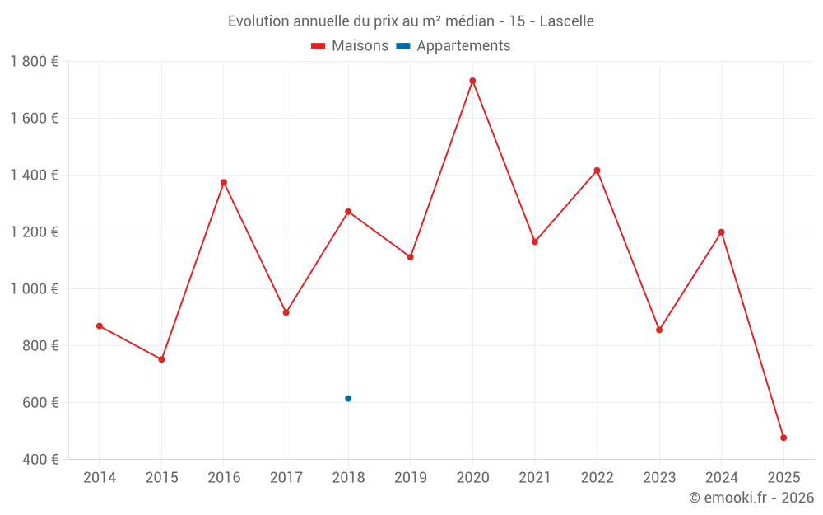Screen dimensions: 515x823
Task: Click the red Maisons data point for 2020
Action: tap(472, 81)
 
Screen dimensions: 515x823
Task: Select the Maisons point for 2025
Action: tap(783, 438)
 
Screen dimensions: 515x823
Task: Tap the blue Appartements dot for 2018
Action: tap(348, 399)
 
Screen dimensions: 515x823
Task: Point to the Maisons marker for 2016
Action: tap(224, 182)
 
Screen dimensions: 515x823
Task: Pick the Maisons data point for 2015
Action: tap(161, 359)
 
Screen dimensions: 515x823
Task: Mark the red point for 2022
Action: tap(597, 171)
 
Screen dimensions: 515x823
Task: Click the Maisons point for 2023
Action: tap(659, 330)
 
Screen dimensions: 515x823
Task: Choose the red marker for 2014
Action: tap(100, 326)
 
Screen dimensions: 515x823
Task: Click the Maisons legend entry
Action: tap(350, 46)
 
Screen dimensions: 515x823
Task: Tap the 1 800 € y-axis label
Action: tap(34, 62)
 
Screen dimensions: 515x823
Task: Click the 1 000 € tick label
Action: tap(34, 289)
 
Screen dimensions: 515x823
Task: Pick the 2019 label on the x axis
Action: tap(411, 478)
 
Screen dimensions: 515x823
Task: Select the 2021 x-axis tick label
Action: tap(535, 478)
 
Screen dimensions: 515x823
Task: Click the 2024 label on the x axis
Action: tap(722, 478)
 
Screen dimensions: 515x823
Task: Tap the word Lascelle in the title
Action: tap(566, 21)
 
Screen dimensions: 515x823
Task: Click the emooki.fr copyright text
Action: tap(751, 498)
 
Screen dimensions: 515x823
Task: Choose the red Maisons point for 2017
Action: tap(286, 312)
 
